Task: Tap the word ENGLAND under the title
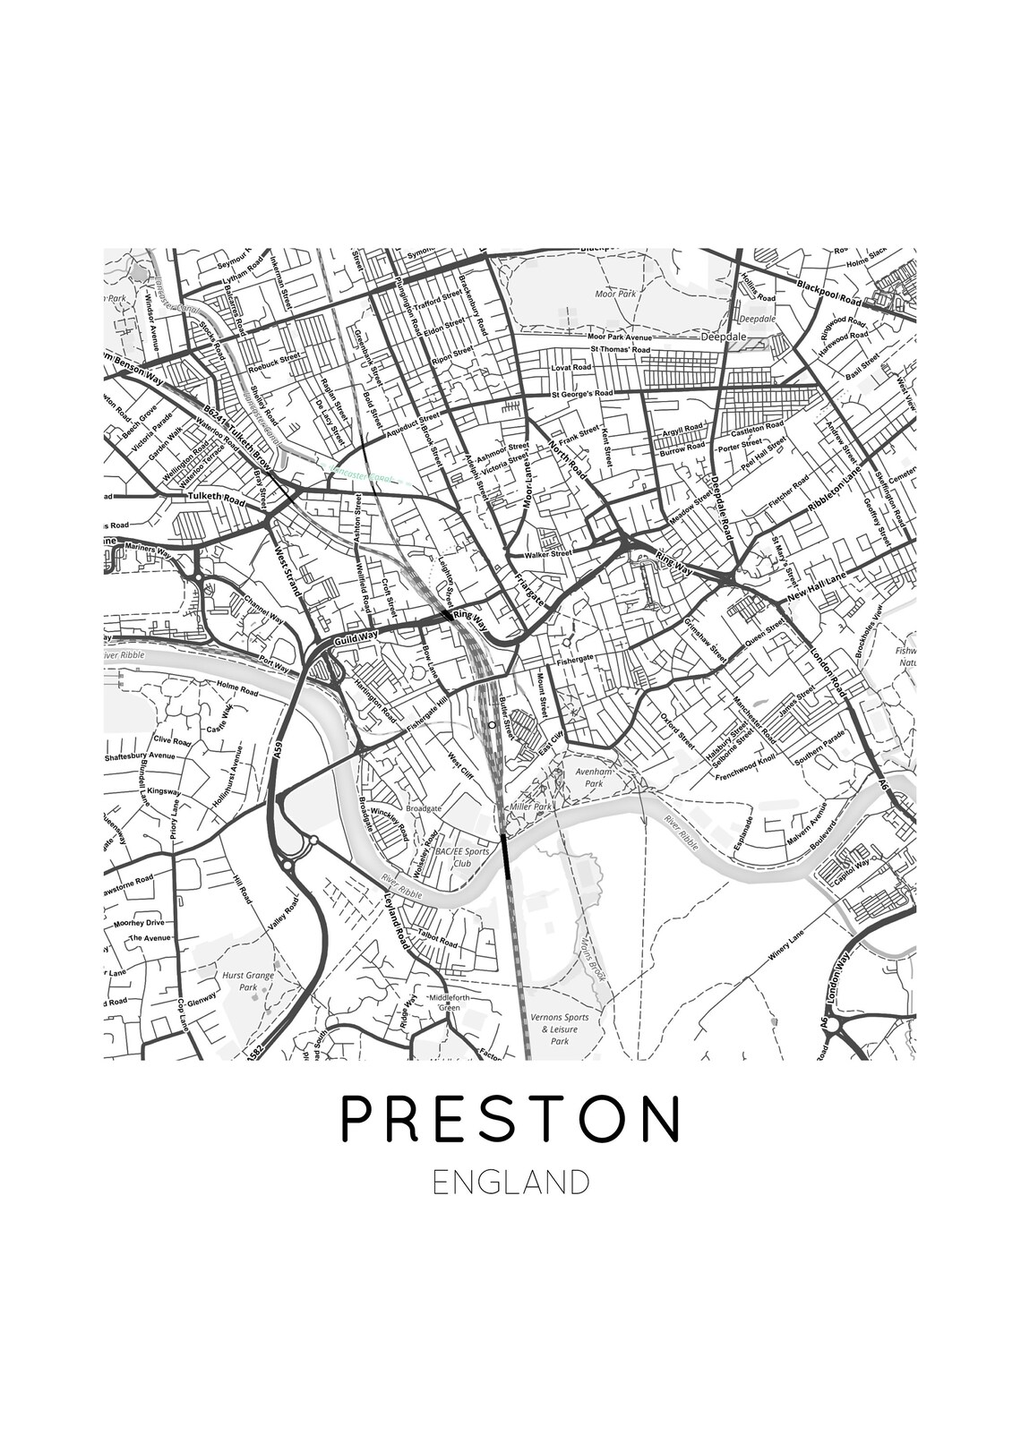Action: [x=510, y=1182]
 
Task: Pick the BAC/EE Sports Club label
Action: [x=460, y=858]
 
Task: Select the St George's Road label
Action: [x=582, y=393]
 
